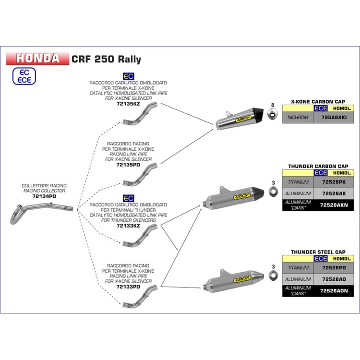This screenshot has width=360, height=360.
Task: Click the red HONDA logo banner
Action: (37, 58)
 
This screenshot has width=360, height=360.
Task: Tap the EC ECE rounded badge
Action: (24, 76)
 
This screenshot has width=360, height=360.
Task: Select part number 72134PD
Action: (44, 196)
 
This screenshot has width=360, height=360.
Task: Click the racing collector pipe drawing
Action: (41, 213)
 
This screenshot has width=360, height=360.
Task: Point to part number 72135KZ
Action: (128, 104)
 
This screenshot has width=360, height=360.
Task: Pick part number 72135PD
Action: (128, 165)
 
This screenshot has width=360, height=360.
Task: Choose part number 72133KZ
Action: (128, 226)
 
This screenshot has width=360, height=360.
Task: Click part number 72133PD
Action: (128, 287)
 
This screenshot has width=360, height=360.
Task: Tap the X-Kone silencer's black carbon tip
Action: (258, 114)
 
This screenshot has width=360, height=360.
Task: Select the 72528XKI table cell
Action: (334, 117)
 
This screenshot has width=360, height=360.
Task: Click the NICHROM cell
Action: (298, 117)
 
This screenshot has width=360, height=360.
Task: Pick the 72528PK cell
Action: (334, 182)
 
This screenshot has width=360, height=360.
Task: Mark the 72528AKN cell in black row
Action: (334, 205)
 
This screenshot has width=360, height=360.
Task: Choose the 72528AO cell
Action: (334, 279)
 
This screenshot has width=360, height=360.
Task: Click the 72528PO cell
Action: (334, 268)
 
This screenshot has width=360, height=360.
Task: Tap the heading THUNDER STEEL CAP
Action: (318, 252)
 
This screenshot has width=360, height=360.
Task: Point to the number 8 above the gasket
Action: (273, 105)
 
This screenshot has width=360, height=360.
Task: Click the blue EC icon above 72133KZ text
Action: (128, 198)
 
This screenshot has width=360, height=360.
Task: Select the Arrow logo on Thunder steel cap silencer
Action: (242, 279)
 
